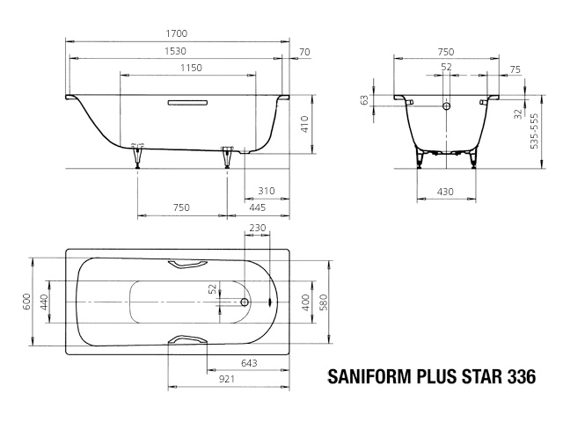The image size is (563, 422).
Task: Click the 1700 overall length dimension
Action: click(176, 33)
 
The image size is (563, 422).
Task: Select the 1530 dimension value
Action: click(175, 51)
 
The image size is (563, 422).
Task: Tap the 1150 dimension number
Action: click(191, 68)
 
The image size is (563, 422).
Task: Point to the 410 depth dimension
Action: click(304, 124)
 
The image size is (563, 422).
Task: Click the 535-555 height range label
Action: click(534, 131)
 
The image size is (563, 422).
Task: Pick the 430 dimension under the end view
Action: click(445, 192)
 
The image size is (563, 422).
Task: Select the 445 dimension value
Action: click(258, 207)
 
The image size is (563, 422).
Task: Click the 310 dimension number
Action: click(267, 191)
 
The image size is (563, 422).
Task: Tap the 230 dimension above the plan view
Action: click(258, 228)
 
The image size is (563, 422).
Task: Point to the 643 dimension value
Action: click(249, 363)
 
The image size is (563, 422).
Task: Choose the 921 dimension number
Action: click(226, 379)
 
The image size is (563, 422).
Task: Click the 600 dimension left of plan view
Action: click(27, 302)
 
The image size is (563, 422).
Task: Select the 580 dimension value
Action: click(323, 302)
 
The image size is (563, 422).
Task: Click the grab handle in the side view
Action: click(187, 103)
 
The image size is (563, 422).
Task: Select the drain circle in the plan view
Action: click(245, 302)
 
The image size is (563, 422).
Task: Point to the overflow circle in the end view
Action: click(446, 105)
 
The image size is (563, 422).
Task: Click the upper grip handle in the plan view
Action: click(187, 265)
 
